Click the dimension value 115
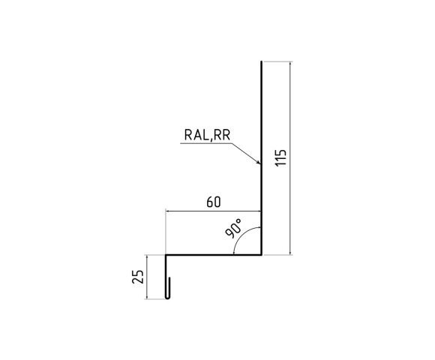pos(280,160)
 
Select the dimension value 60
pos(212,202)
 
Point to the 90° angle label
pos(232,229)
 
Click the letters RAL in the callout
pos(196,135)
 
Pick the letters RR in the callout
pos(223,135)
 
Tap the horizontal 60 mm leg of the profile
pos(214,255)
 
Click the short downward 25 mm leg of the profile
pos(166,274)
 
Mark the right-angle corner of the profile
pos(261,255)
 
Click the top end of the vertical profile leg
pos(261,61)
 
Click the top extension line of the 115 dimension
pos(277,61)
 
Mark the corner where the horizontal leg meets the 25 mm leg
pos(166,255)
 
